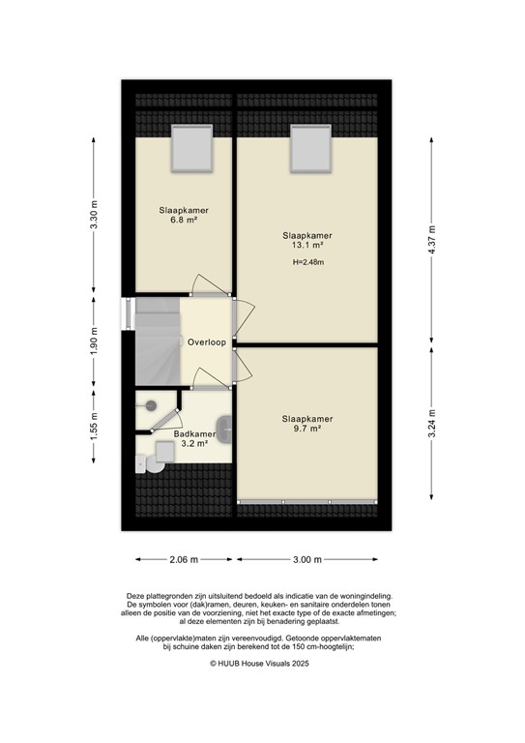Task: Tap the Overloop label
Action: (x=207, y=342)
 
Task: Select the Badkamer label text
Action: (x=194, y=434)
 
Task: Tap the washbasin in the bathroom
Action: (x=225, y=424)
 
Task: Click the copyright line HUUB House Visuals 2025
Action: (x=262, y=663)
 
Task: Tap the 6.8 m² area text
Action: (x=184, y=220)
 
